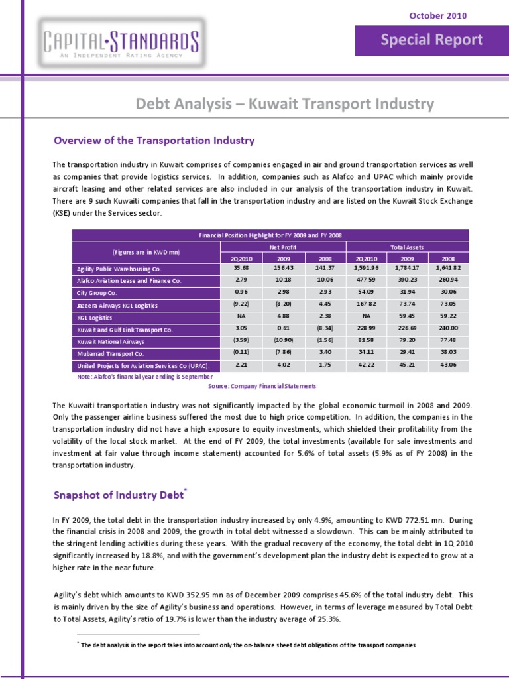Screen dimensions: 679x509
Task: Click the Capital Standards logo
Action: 121,40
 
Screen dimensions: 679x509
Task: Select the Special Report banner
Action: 431,40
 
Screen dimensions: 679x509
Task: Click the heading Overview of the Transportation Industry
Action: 154,141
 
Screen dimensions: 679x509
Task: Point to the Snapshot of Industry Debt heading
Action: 120,495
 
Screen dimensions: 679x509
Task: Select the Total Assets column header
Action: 407,247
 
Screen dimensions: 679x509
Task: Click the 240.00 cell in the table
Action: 449,329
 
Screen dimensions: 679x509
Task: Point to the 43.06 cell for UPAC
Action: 449,365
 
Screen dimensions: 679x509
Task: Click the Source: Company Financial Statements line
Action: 262,386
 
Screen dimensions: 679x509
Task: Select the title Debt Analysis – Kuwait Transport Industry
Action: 285,104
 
